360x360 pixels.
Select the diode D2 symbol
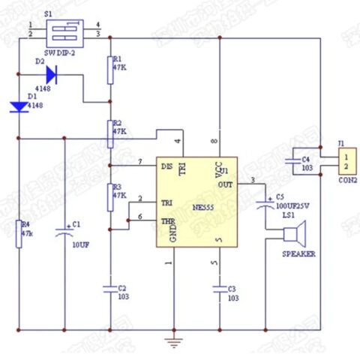51,73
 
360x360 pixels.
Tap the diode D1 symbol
19,107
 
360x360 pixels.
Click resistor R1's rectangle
110,67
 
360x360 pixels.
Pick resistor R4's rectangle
19,233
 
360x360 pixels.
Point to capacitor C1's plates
64,233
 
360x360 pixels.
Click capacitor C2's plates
110,287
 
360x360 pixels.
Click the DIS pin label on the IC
166,164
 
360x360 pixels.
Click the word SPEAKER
298,254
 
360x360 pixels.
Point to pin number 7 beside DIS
140,162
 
